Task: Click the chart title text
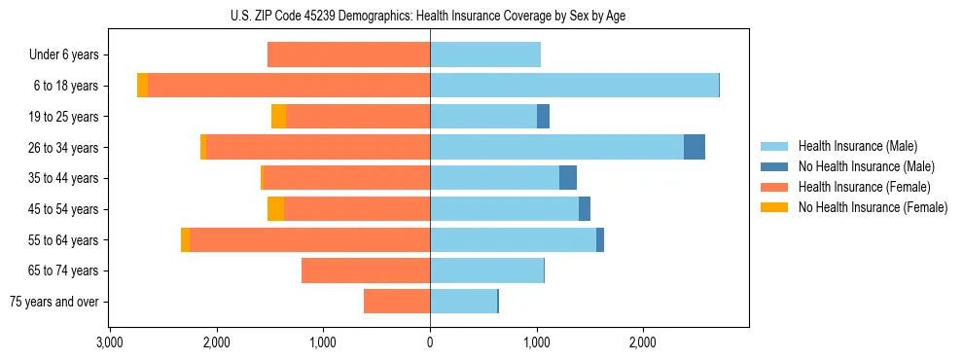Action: coord(430,14)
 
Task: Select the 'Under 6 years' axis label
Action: coord(64,55)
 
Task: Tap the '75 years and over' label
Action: coord(54,302)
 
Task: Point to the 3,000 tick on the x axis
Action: coord(109,342)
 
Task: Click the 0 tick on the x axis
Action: coord(430,342)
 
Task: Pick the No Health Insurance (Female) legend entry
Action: coord(873,207)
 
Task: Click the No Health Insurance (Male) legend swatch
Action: coord(775,166)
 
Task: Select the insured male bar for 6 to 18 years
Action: coord(574,86)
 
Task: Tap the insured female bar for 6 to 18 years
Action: coord(289,86)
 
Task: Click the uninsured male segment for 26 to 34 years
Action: coord(695,147)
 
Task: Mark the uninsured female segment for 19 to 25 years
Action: coord(278,117)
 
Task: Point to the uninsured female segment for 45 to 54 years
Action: coord(275,209)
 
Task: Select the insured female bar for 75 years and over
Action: coord(397,302)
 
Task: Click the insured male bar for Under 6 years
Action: coord(485,55)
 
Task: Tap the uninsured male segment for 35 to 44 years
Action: coord(568,178)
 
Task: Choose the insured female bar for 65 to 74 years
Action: coord(366,270)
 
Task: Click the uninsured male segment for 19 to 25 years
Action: coord(543,117)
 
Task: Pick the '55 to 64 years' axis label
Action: coord(64,240)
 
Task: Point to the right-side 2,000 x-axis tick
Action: coord(643,342)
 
